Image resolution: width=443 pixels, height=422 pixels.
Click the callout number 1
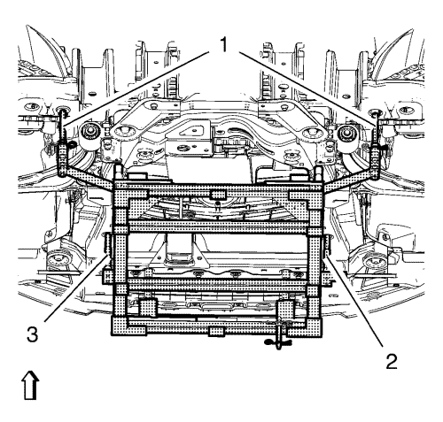[x=223, y=44]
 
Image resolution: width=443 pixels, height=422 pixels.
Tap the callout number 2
[x=392, y=361]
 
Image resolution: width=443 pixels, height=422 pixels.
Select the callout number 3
[x=32, y=334]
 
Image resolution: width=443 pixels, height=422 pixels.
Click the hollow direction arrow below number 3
[x=30, y=385]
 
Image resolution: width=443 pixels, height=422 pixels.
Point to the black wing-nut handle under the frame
[x=278, y=342]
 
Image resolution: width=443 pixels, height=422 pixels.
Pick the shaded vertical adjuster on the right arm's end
[x=375, y=162]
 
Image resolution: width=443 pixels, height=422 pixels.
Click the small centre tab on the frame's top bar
[x=218, y=195]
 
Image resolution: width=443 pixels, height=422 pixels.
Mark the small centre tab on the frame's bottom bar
[x=217, y=331]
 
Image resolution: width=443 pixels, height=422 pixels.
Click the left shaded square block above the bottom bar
[x=147, y=307]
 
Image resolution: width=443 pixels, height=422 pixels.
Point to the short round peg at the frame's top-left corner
[x=119, y=172]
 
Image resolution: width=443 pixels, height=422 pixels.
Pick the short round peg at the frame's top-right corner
[x=319, y=174]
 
